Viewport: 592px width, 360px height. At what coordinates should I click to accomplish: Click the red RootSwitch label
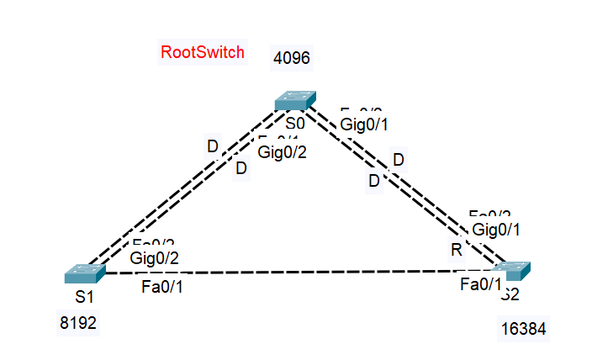tap(203, 52)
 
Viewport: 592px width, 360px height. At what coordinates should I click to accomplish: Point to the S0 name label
tap(294, 123)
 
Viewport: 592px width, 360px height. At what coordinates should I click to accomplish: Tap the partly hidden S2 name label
tap(511, 294)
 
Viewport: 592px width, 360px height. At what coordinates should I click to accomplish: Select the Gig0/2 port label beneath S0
tap(282, 152)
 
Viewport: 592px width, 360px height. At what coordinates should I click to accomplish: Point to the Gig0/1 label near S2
tap(496, 229)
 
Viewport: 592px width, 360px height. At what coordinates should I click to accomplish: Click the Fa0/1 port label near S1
tap(162, 288)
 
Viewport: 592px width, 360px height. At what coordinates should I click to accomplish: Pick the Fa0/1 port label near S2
tap(481, 285)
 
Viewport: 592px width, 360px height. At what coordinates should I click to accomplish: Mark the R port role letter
tap(457, 250)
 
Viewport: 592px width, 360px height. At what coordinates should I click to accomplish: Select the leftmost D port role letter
tap(213, 146)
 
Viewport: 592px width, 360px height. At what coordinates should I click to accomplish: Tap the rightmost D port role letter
tap(399, 159)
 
